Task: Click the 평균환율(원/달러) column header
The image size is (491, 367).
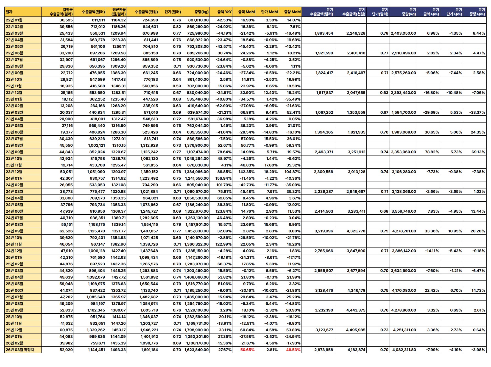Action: (x=118, y=12)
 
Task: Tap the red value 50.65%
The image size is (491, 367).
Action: (x=247, y=350)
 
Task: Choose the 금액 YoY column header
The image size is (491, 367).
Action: (x=224, y=12)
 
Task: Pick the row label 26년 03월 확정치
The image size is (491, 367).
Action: (x=20, y=350)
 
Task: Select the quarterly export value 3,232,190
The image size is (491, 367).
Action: (x=324, y=310)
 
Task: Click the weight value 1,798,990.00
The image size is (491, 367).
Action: (x=197, y=330)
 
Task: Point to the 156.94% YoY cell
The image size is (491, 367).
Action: (x=224, y=178)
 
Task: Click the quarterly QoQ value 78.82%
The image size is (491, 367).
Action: (x=432, y=152)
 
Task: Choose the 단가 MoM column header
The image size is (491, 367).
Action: (x=269, y=12)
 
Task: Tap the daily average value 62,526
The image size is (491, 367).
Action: (x=66, y=231)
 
